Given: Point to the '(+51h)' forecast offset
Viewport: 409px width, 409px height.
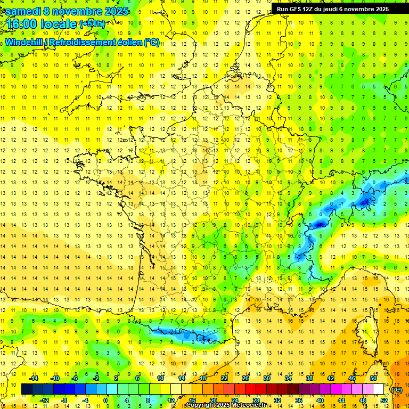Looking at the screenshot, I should coord(92,23).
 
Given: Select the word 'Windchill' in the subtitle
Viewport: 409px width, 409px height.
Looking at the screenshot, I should coord(24,42).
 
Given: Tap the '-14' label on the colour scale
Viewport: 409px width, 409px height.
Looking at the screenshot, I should coord(34,378).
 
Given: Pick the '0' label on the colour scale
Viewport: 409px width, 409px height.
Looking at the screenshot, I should coord(106,400).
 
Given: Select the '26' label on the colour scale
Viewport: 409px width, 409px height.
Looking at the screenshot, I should coord(245,378).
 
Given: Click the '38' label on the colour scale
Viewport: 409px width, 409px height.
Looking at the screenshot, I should coord(309,378).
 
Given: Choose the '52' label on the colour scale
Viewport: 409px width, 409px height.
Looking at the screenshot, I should coord(383,400).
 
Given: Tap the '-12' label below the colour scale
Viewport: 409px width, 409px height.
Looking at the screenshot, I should coord(44,400).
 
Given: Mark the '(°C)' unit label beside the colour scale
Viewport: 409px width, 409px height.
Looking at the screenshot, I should coord(397,390).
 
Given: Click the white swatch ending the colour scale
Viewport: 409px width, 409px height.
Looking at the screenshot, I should coord(379,389).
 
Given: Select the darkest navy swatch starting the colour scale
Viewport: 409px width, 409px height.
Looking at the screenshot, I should coord(27,389).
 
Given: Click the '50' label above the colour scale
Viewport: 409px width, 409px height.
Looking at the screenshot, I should coord(373,378).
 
